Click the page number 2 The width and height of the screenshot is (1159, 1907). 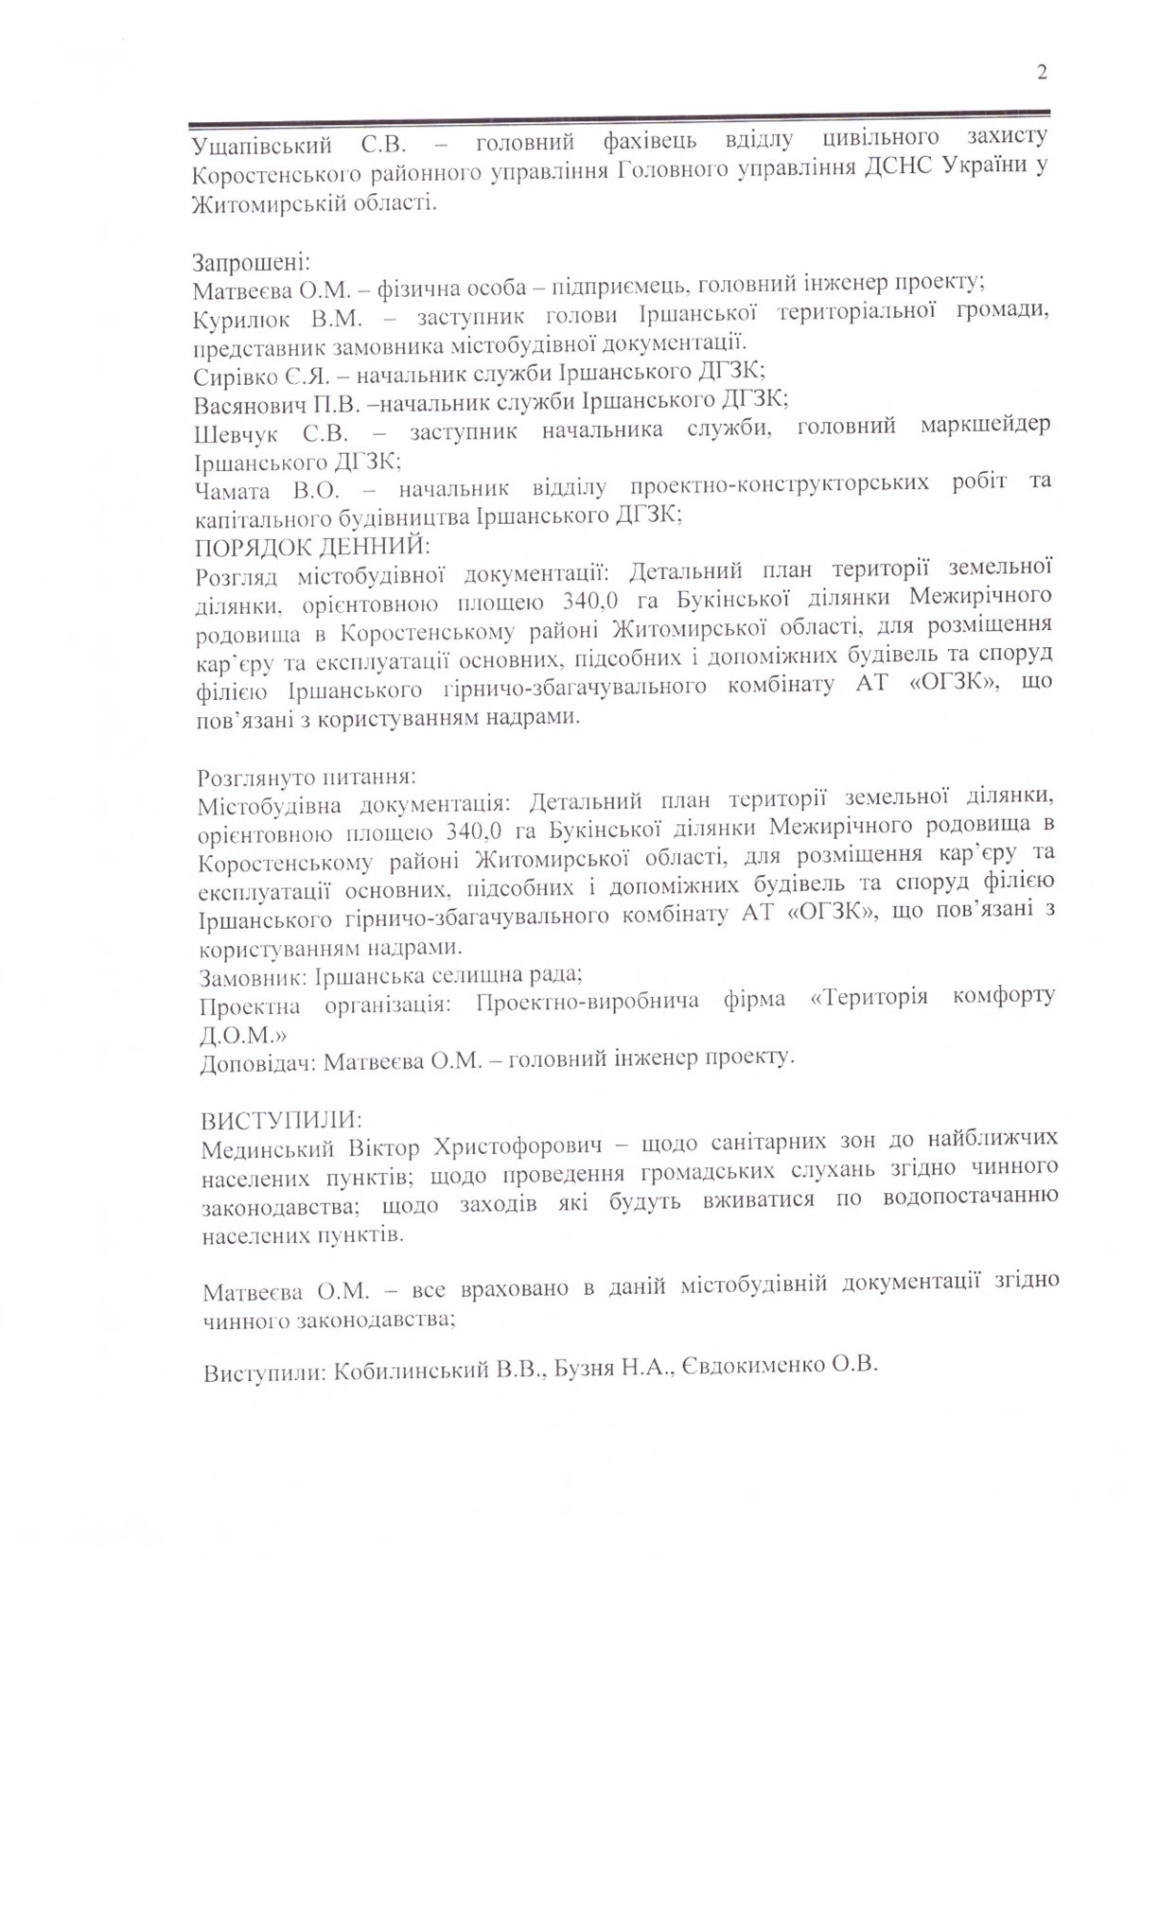pos(1042,73)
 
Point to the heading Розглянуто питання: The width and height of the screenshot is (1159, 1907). pos(306,778)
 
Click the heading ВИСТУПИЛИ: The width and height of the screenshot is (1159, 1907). pos(280,1120)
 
